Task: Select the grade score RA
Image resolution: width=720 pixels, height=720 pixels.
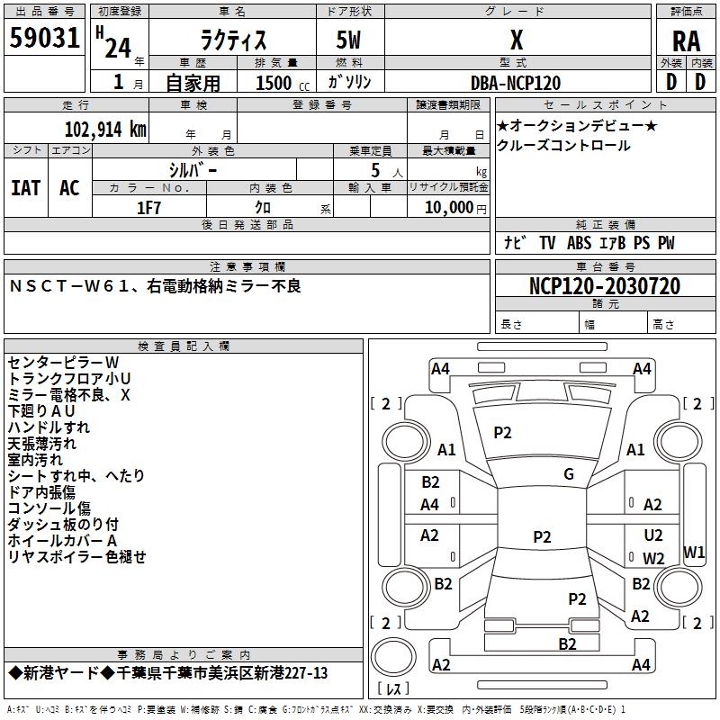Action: (686, 40)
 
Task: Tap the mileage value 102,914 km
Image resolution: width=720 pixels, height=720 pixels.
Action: (105, 130)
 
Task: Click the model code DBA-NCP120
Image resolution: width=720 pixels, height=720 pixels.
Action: (516, 83)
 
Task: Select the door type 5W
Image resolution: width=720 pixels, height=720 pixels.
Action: (350, 40)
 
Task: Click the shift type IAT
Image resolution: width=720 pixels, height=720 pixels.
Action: (26, 188)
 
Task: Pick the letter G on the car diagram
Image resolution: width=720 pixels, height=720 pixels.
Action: (569, 474)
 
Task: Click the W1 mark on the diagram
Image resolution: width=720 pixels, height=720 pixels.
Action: (694, 552)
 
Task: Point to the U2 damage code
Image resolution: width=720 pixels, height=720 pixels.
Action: (653, 536)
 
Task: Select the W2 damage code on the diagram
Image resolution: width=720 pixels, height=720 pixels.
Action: (653, 559)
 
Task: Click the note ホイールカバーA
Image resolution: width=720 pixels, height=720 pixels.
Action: (63, 540)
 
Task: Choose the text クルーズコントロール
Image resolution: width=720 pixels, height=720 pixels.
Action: (563, 146)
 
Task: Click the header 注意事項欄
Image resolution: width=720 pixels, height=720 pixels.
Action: (247, 267)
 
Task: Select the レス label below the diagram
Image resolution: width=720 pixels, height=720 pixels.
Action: (393, 690)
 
